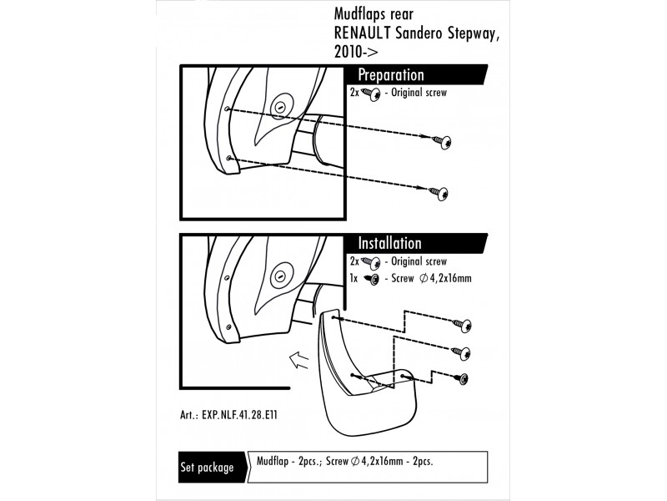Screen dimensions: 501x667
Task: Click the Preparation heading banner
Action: click(391, 75)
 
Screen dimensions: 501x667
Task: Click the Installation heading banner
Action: click(389, 244)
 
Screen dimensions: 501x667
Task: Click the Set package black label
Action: click(207, 468)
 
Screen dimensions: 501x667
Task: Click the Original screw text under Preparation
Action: click(419, 93)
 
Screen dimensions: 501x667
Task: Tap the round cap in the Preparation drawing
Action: click(280, 107)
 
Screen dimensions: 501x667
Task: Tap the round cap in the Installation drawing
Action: click(280, 275)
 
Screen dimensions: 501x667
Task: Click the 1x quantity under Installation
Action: click(354, 277)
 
